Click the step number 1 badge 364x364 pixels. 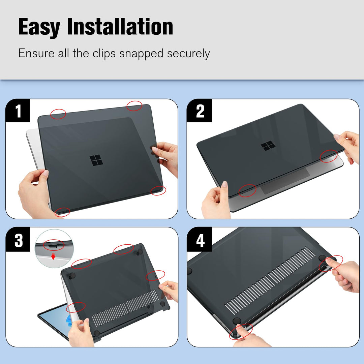(x=18, y=111)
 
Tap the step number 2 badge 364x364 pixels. (x=200, y=111)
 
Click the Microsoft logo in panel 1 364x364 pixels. (x=96, y=160)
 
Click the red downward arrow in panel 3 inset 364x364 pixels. (x=53, y=257)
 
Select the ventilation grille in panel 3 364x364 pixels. (x=125, y=307)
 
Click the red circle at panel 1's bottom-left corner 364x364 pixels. (x=62, y=212)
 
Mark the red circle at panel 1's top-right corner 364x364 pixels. (x=134, y=106)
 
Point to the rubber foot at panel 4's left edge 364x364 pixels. (x=189, y=271)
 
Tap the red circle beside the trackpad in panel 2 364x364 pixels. (x=247, y=190)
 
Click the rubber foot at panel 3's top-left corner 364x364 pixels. (x=72, y=276)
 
